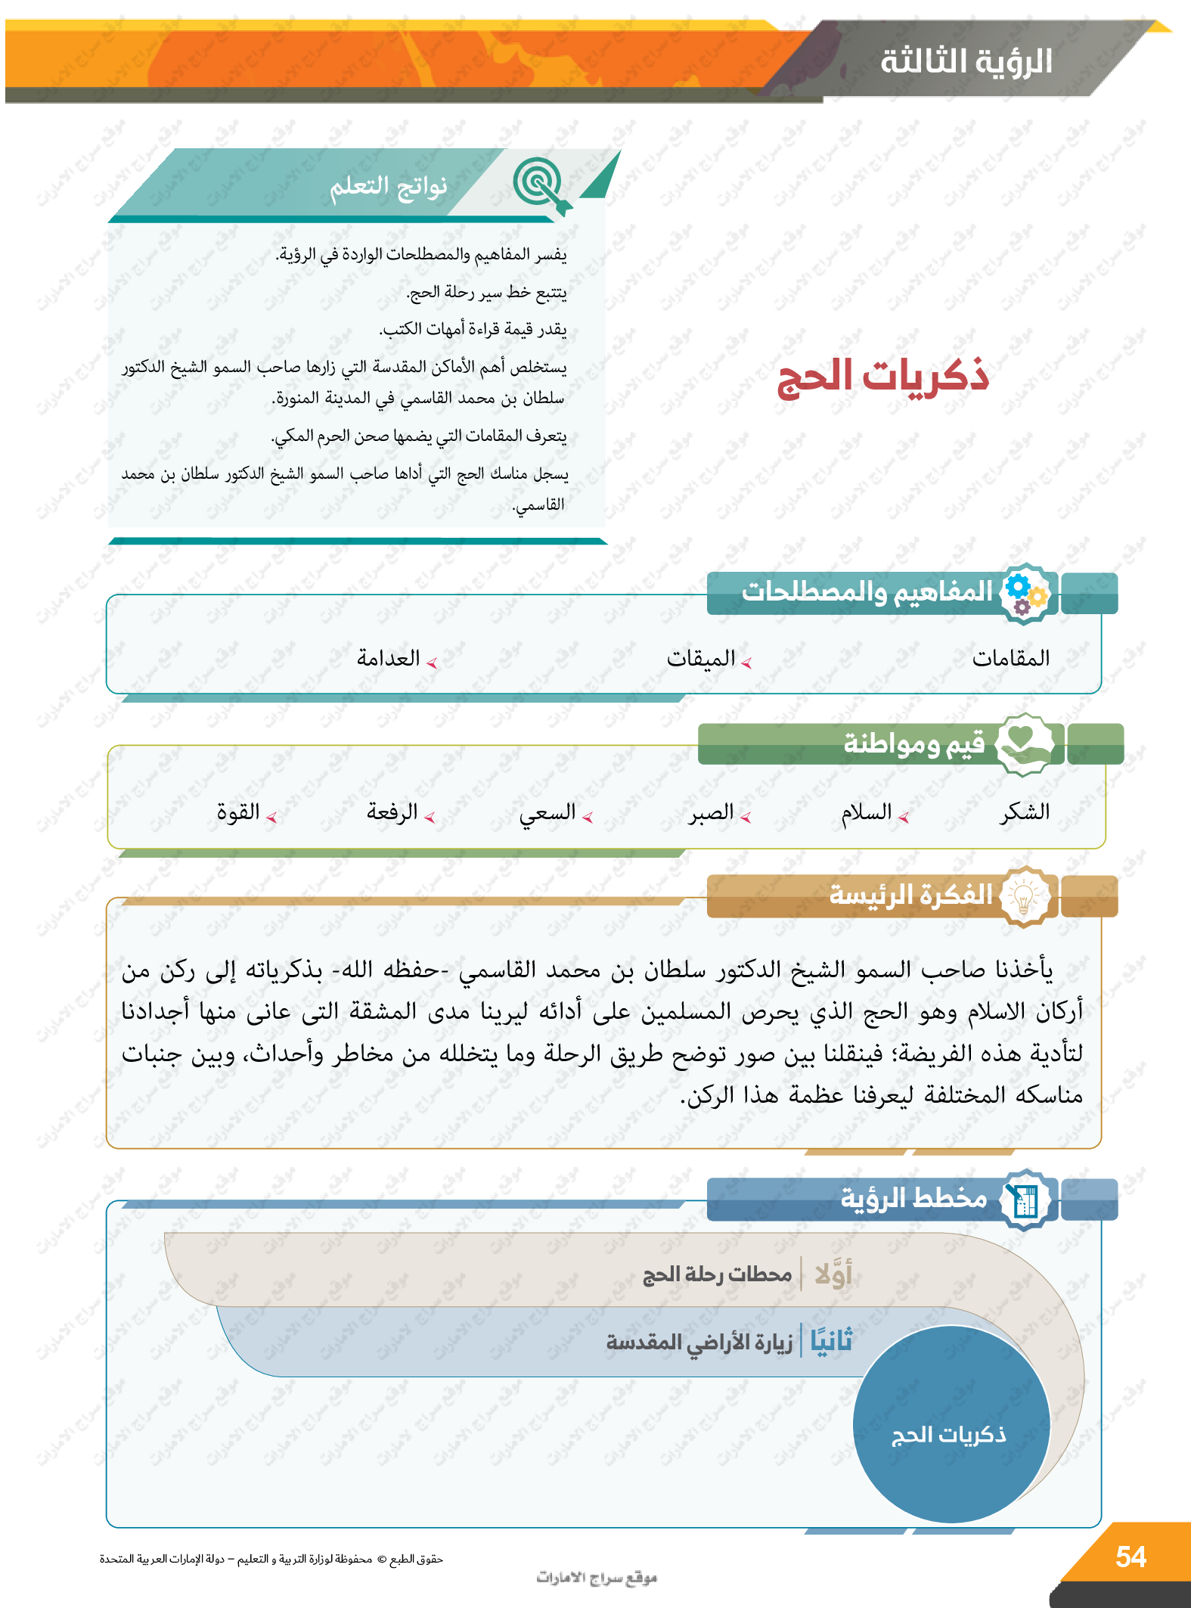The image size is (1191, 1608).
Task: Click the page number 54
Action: (x=1131, y=1557)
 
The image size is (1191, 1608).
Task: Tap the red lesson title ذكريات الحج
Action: (x=883, y=376)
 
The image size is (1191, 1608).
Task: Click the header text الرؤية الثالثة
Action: (x=966, y=61)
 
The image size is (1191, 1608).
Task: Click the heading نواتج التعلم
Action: (x=388, y=186)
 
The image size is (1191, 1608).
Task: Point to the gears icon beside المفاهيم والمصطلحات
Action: (x=1025, y=594)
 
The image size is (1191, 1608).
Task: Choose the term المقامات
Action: (x=1011, y=658)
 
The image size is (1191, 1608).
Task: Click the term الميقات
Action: (x=700, y=659)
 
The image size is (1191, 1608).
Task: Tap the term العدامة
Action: (x=388, y=659)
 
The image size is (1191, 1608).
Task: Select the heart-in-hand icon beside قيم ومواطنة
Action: (x=1023, y=743)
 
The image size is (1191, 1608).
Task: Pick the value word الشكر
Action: (x=1025, y=812)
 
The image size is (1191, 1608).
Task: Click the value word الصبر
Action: (x=711, y=813)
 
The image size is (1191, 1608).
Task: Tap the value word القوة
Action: (x=238, y=812)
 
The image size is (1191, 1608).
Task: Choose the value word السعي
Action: (x=547, y=813)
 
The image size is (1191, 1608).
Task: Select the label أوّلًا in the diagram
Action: (x=833, y=1275)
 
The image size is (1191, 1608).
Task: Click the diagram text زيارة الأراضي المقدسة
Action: (x=699, y=1342)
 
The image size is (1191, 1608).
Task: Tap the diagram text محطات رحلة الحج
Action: (x=717, y=1275)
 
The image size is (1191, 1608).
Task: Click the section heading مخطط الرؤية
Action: (x=913, y=1199)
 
